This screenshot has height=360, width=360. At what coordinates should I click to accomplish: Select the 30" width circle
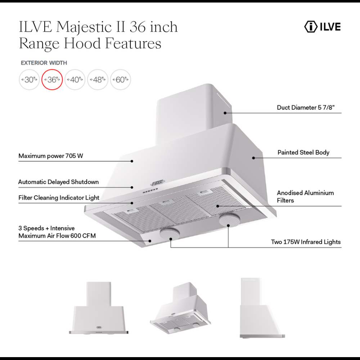click(x=29, y=80)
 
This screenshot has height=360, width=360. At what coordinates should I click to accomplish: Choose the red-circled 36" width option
click(x=52, y=80)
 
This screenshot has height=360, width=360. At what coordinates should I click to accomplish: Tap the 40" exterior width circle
click(x=75, y=80)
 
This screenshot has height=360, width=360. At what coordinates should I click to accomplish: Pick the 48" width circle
click(x=98, y=80)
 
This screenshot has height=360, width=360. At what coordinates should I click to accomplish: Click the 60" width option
click(x=120, y=80)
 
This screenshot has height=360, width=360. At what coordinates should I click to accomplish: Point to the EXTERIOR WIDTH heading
click(x=44, y=63)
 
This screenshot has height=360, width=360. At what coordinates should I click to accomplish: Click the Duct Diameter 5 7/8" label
click(x=309, y=107)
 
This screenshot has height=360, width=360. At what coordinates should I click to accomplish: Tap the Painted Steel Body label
click(x=303, y=152)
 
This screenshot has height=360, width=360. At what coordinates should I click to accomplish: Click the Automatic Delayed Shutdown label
click(x=58, y=182)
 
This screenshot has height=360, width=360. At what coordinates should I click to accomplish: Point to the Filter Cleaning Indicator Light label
click(x=59, y=198)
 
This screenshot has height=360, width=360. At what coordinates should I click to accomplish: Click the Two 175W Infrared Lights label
click(x=306, y=242)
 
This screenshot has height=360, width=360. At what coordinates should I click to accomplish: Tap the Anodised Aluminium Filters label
click(x=305, y=197)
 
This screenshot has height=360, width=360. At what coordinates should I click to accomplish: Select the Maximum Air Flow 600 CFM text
click(x=57, y=236)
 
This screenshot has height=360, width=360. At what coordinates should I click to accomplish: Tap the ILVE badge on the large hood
click(x=158, y=183)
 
